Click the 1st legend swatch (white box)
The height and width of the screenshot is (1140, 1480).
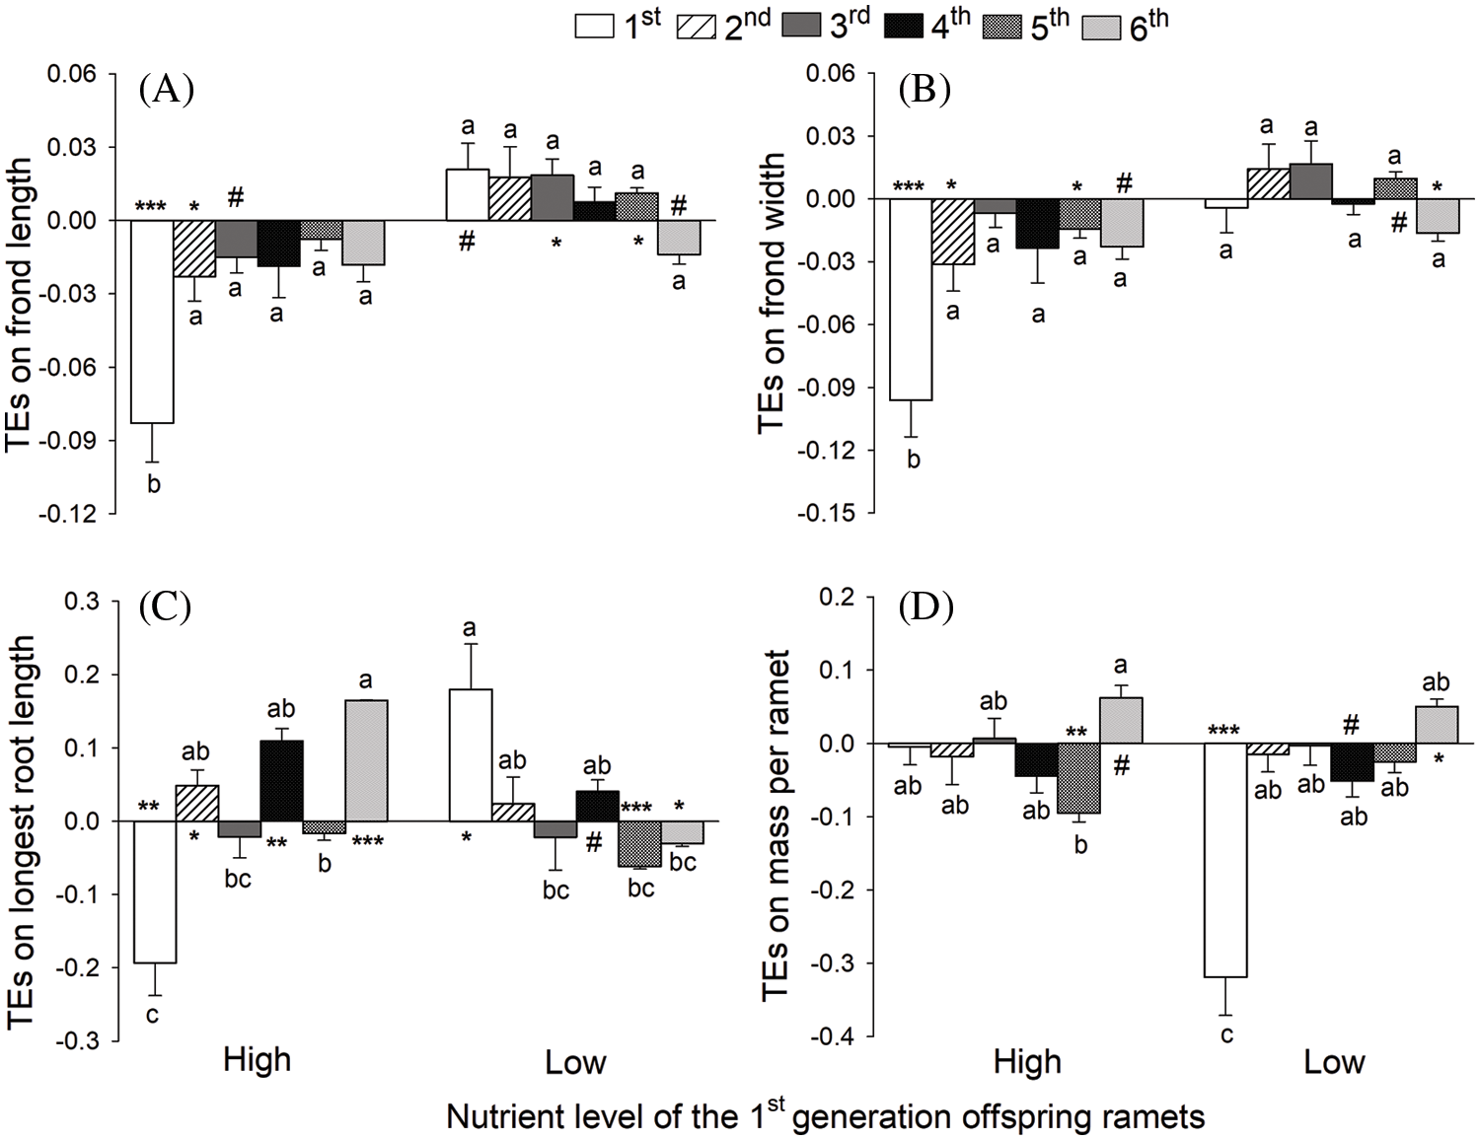tap(596, 27)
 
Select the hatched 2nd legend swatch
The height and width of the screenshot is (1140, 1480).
tap(698, 27)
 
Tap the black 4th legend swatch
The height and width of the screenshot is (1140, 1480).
tap(903, 27)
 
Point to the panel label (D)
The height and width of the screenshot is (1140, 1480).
tap(925, 609)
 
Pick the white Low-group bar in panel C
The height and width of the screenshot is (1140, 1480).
tap(471, 754)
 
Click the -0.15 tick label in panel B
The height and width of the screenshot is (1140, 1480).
tap(832, 513)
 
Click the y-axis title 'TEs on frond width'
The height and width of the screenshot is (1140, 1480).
tap(773, 293)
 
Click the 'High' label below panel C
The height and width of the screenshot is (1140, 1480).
tap(258, 1061)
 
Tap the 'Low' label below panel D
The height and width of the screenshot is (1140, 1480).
tap(1334, 1062)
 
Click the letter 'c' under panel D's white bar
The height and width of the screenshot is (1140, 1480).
tap(1226, 1034)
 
